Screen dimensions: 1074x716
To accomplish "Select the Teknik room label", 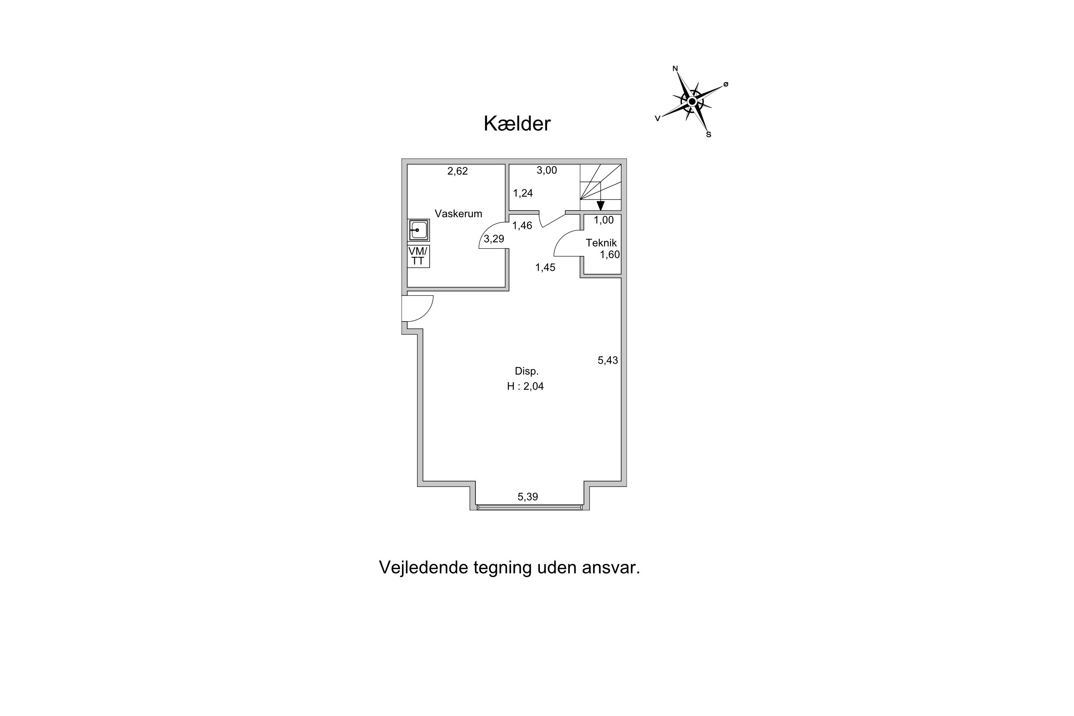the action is click(x=601, y=243).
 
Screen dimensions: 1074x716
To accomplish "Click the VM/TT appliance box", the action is click(x=418, y=256).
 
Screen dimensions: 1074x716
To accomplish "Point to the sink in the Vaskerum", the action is click(x=418, y=230).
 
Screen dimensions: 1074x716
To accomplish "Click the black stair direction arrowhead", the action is click(x=600, y=205).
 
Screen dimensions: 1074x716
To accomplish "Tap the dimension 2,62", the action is click(x=458, y=171).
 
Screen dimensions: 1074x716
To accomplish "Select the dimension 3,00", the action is click(x=547, y=170).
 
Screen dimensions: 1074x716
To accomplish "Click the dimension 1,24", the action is click(x=523, y=193).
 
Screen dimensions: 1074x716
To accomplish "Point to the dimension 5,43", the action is click(x=608, y=360).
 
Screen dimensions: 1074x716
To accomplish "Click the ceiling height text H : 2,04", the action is click(x=525, y=386).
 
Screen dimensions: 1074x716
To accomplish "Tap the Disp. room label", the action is click(x=527, y=371).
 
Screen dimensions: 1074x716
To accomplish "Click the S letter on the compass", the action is click(x=709, y=135).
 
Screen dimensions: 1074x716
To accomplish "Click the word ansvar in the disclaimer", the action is click(x=611, y=567).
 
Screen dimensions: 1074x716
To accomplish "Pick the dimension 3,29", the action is click(x=494, y=239).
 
